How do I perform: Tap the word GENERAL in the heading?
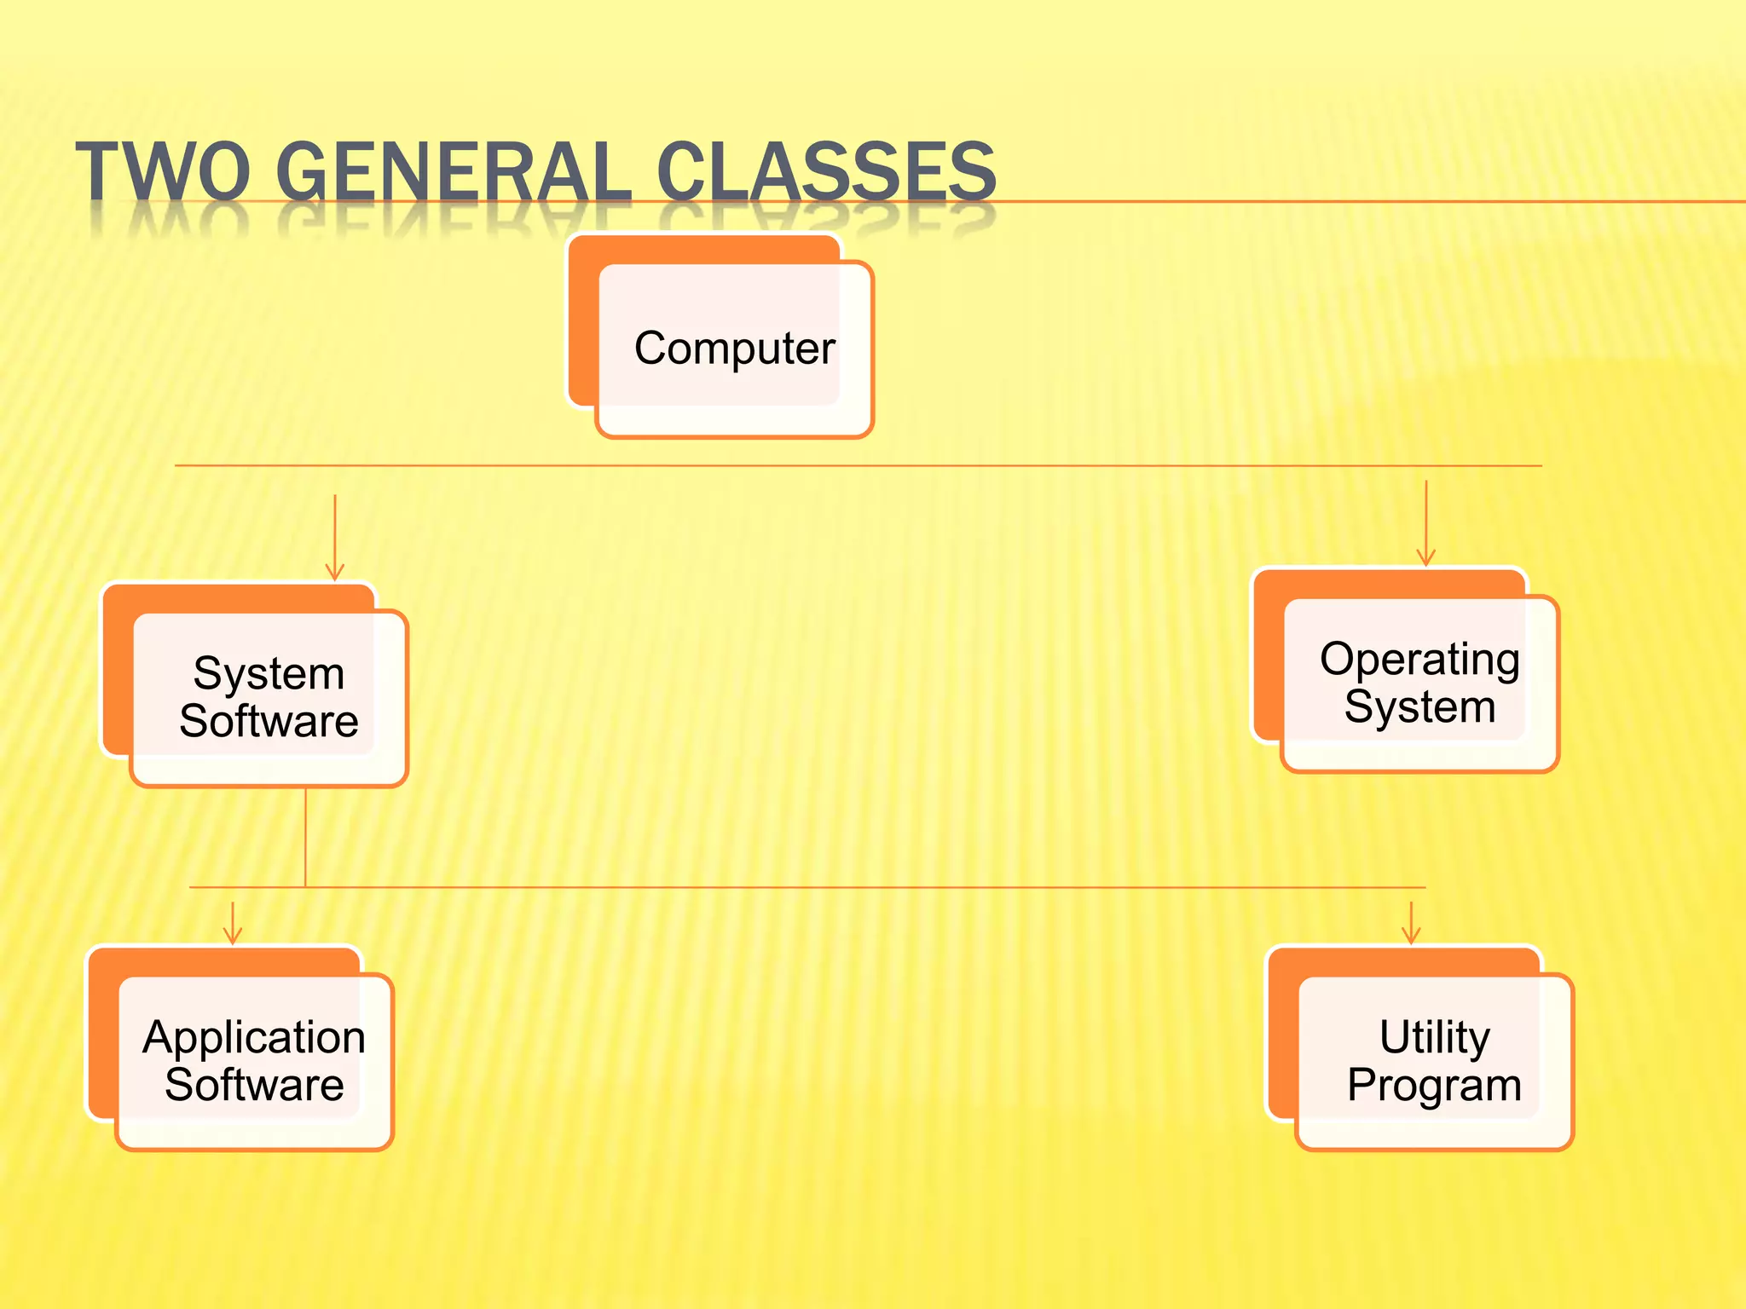453,171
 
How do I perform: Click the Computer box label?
734,348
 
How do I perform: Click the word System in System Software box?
269,673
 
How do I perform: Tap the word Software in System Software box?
269,721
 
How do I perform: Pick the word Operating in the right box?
1419,659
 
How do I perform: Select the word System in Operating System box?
1419,706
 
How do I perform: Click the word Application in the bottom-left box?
254,1037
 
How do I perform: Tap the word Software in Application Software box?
254,1085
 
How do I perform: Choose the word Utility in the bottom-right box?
1435,1037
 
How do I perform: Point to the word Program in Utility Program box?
1435,1085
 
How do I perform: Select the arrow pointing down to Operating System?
1425,524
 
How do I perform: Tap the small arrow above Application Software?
232,924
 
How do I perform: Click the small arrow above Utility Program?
1411,924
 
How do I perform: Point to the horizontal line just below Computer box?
853,466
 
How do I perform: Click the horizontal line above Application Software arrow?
767,887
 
